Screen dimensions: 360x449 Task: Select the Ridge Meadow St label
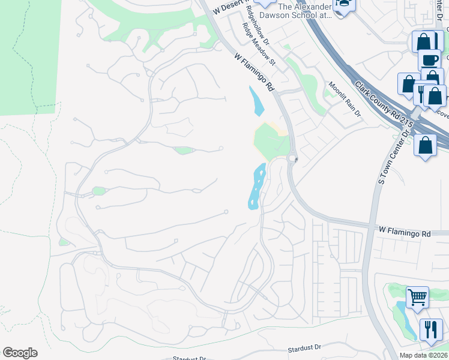(259, 45)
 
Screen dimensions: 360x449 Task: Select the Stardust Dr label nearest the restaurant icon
(304, 347)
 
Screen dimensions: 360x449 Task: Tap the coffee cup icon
(429, 60)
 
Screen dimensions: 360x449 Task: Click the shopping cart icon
(417, 296)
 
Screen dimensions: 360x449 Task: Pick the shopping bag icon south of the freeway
(425, 146)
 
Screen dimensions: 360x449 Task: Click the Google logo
(20, 353)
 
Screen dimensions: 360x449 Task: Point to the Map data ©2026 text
(423, 355)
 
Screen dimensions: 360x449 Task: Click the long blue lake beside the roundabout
(257, 188)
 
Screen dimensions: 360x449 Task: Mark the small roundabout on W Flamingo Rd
(293, 159)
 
